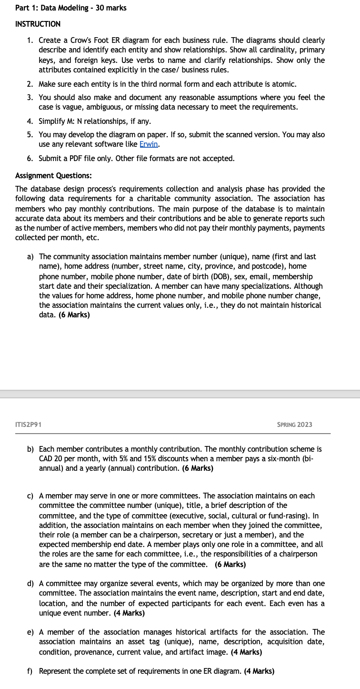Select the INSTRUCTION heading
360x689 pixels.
pyautogui.click(x=38, y=24)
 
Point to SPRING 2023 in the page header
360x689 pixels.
pyautogui.click(x=294, y=424)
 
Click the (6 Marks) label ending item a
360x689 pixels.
pyautogui.click(x=74, y=315)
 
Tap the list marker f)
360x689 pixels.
pyautogui.click(x=30, y=671)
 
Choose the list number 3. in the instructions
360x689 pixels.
pyautogui.click(x=30, y=97)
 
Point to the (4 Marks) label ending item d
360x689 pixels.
pyautogui.click(x=129, y=613)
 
